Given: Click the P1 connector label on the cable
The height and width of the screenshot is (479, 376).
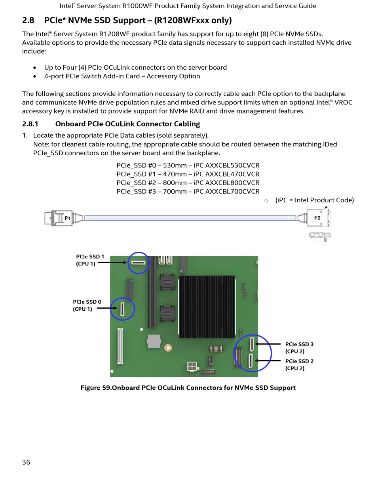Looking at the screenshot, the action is (67, 218).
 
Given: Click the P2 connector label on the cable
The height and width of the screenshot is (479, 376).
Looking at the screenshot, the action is (317, 218).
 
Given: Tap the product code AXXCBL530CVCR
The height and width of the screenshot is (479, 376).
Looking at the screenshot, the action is (232, 165).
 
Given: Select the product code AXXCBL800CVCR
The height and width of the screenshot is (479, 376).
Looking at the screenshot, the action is (232, 183).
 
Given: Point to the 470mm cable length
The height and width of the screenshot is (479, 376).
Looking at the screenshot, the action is (175, 174).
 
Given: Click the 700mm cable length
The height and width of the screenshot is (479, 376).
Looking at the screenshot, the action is (175, 191).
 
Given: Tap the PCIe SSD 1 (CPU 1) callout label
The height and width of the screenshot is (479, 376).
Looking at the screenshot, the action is (90, 260).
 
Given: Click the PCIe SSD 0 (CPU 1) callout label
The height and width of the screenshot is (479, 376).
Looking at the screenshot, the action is (87, 305).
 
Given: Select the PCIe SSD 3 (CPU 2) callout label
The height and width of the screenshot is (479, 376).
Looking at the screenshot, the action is (299, 348).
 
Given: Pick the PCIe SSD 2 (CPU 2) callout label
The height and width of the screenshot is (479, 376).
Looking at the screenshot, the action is (299, 365).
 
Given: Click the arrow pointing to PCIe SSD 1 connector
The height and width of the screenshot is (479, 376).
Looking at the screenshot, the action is (112, 262).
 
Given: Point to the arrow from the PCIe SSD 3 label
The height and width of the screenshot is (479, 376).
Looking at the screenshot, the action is (268, 344).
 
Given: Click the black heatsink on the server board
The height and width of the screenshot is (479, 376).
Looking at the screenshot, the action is (207, 307).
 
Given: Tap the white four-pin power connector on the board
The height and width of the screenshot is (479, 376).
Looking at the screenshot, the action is (193, 366).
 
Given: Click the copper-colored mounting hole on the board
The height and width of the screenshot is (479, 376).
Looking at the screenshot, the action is (168, 348).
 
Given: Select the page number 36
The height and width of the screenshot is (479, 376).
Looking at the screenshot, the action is (26, 462).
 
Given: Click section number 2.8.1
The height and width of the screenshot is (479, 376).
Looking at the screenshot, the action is (30, 124).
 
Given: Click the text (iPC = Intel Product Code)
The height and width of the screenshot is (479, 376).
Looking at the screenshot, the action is (315, 200).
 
